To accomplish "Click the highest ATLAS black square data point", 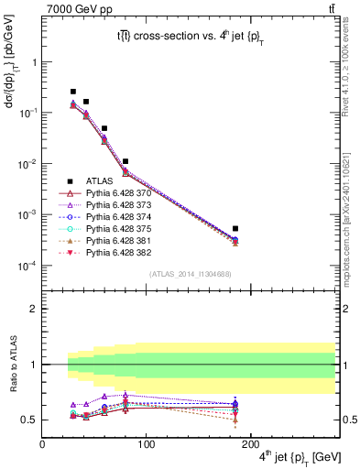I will pyautogui.click(x=73, y=92).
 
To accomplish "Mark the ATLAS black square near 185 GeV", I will pyautogui.click(x=235, y=228).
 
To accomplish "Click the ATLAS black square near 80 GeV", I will pyautogui.click(x=125, y=161).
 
